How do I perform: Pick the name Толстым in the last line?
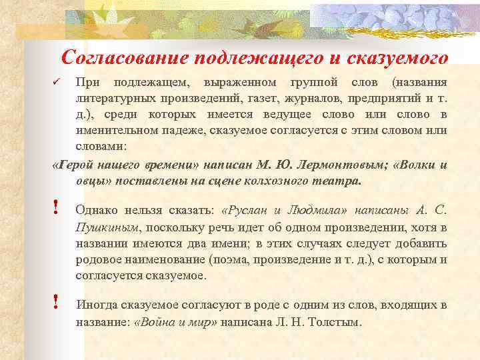337,323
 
